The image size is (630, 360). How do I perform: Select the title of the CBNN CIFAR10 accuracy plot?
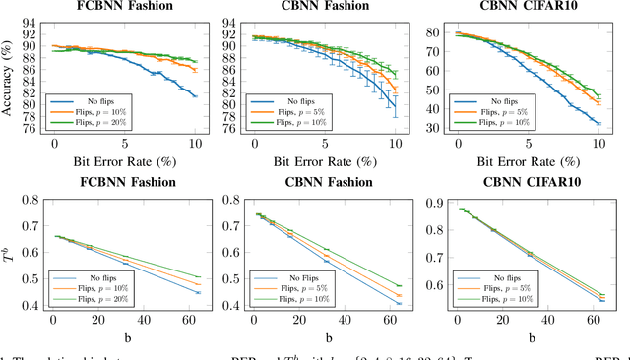[x=528, y=7]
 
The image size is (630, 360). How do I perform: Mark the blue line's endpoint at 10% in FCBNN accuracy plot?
[x=196, y=95]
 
